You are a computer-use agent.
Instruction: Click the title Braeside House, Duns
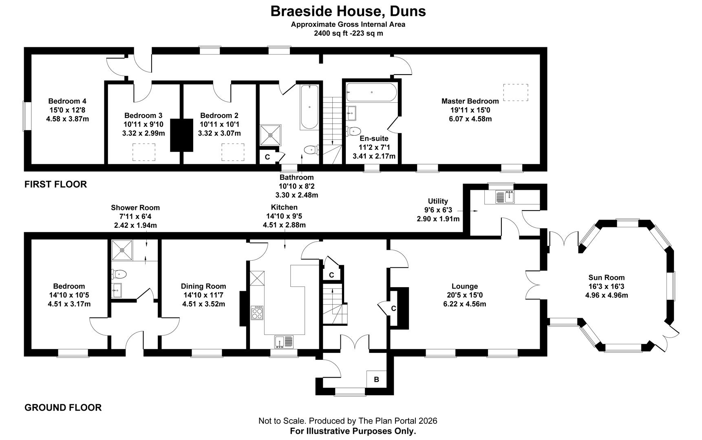coord(348,11)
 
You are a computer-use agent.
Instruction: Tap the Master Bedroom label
coord(470,101)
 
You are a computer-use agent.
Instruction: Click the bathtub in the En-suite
coord(371,92)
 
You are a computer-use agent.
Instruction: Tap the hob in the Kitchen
coord(257,312)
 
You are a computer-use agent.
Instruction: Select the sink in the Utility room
coord(506,197)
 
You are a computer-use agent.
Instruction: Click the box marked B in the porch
coord(376,379)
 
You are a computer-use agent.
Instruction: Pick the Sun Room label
coord(606,277)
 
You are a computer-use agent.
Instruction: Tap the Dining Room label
coord(203,286)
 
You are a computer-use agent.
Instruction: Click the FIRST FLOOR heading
coord(55,184)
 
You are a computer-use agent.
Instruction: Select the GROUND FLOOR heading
coord(63,407)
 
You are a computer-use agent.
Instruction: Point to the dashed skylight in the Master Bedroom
coord(516,92)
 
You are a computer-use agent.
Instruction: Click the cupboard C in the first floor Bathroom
coord(267,157)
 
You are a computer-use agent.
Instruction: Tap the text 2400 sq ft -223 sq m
coord(348,33)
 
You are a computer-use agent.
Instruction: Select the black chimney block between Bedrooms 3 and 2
coord(181,135)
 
